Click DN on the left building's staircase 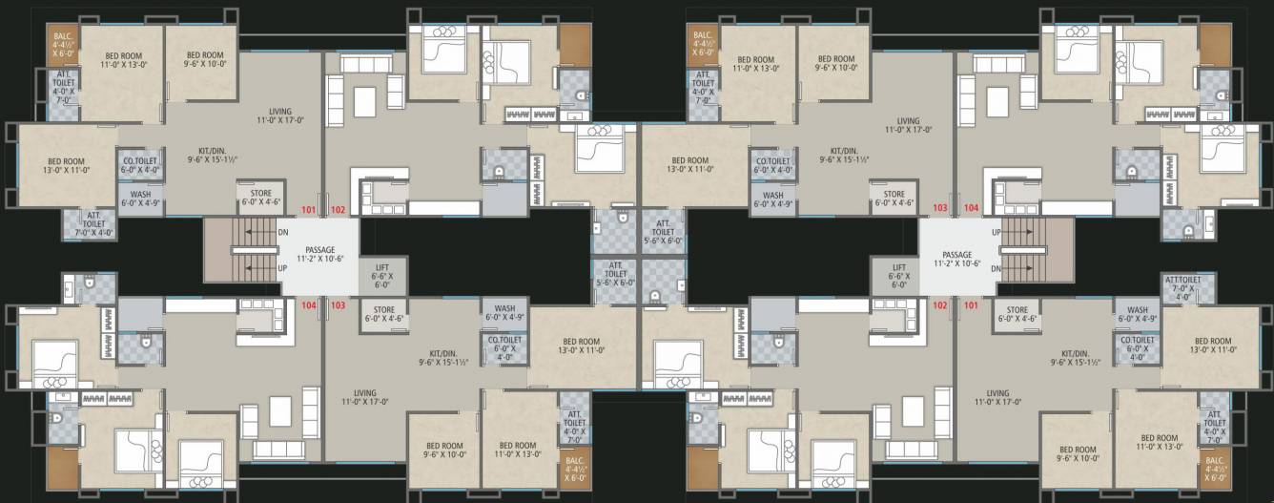283,232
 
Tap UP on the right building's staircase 996,232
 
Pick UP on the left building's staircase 283,268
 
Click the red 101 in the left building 308,209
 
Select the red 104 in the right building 971,207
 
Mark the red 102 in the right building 940,305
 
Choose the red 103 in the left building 338,305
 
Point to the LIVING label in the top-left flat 279,115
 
